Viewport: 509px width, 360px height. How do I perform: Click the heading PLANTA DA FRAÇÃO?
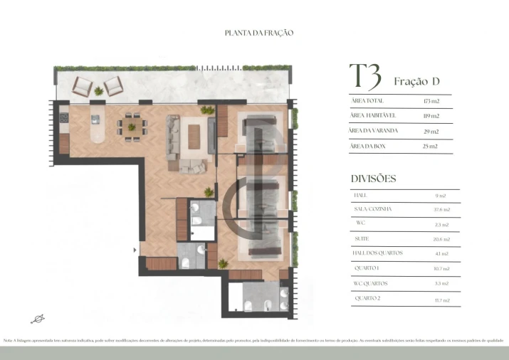tap(259, 33)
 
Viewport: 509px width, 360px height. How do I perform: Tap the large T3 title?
tap(364, 77)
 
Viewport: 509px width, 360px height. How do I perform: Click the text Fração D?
tap(412, 82)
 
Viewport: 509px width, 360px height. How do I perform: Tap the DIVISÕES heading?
tap(374, 179)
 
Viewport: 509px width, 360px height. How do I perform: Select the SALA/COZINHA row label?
tap(372, 209)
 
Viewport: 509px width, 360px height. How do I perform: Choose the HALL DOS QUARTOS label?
tap(378, 253)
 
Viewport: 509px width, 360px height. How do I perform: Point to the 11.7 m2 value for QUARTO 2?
tap(441, 300)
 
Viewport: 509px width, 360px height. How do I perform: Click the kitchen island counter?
tap(97, 126)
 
